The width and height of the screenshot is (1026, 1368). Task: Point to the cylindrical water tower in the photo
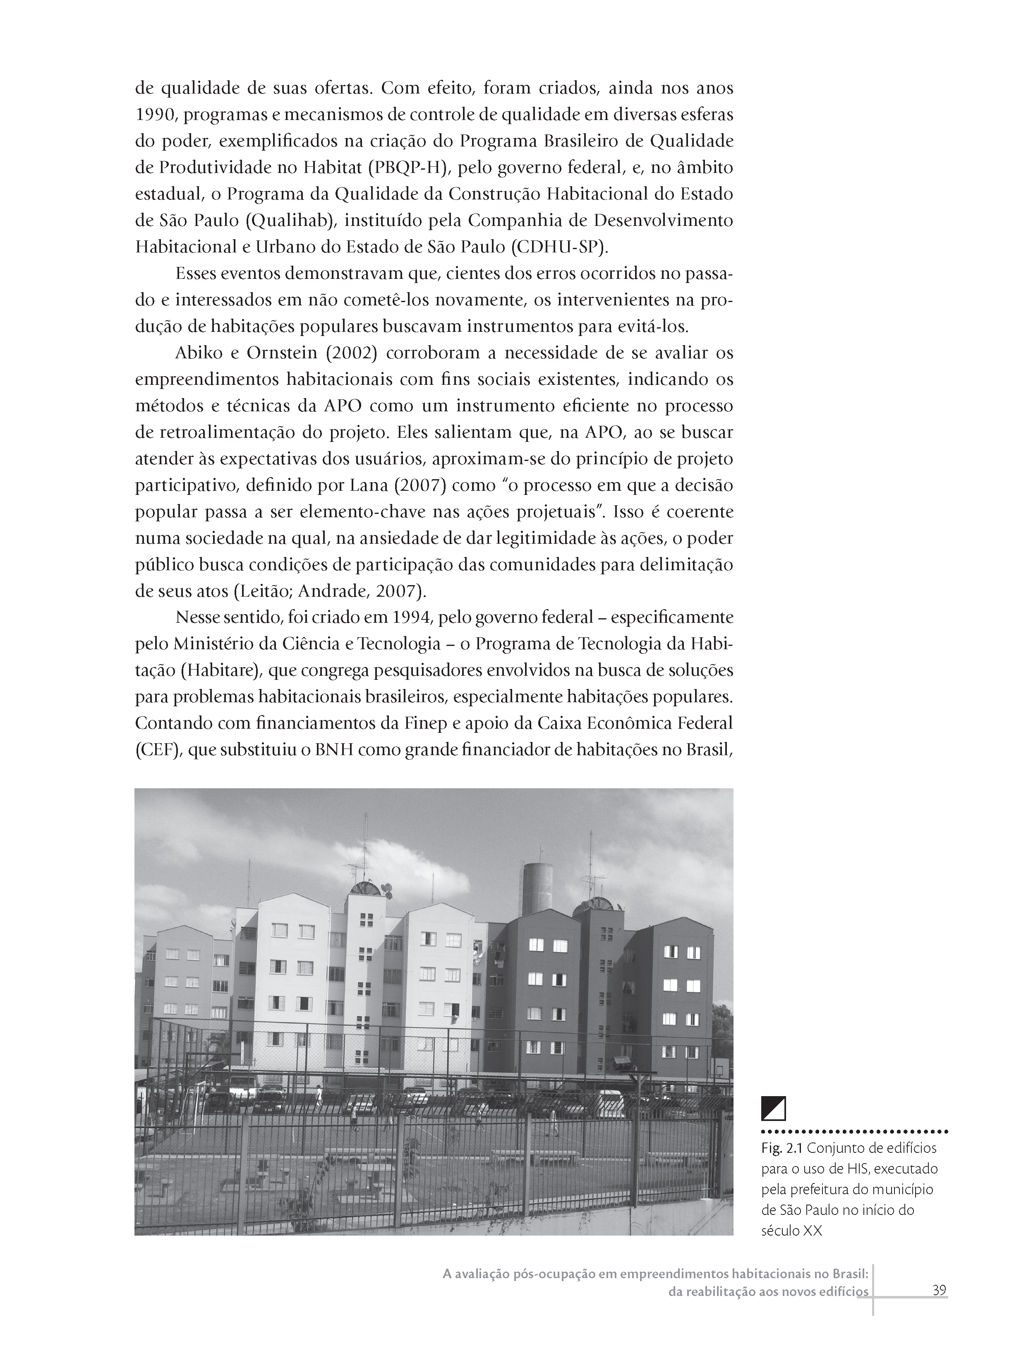pyautogui.click(x=537, y=889)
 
